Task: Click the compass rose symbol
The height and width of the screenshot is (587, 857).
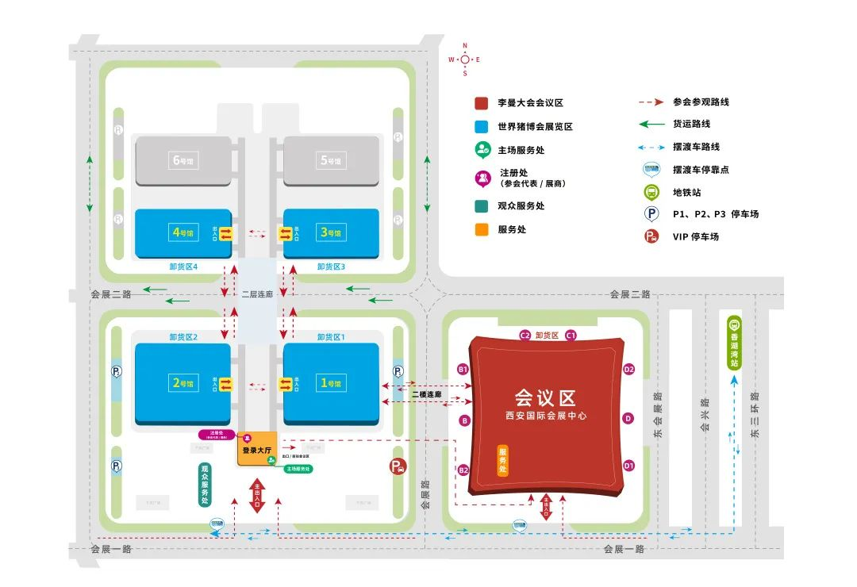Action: (465, 59)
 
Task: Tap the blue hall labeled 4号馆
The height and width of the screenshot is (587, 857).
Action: (183, 233)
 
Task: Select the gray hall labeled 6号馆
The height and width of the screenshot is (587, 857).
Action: (183, 160)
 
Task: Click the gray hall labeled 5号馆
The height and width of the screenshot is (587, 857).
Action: (331, 160)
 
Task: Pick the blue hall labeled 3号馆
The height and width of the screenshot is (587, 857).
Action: (331, 233)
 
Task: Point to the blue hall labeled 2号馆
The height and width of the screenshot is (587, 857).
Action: (183, 384)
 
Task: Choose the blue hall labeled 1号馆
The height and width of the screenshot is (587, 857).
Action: (331, 384)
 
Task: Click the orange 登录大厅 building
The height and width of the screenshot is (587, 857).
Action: (257, 450)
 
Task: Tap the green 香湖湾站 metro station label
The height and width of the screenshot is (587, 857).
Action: (734, 343)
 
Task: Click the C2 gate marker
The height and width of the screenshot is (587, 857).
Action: (525, 336)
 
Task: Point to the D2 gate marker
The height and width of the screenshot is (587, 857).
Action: (628, 369)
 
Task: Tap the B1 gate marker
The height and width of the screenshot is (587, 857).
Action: (463, 370)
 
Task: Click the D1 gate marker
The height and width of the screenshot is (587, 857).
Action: (628, 466)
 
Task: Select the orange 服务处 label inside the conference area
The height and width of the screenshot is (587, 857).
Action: (502, 461)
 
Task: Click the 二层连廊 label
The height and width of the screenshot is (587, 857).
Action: (256, 293)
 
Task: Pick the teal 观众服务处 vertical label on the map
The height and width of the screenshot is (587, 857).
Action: (204, 484)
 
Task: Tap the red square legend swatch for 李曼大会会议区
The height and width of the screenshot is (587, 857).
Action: (481, 103)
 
